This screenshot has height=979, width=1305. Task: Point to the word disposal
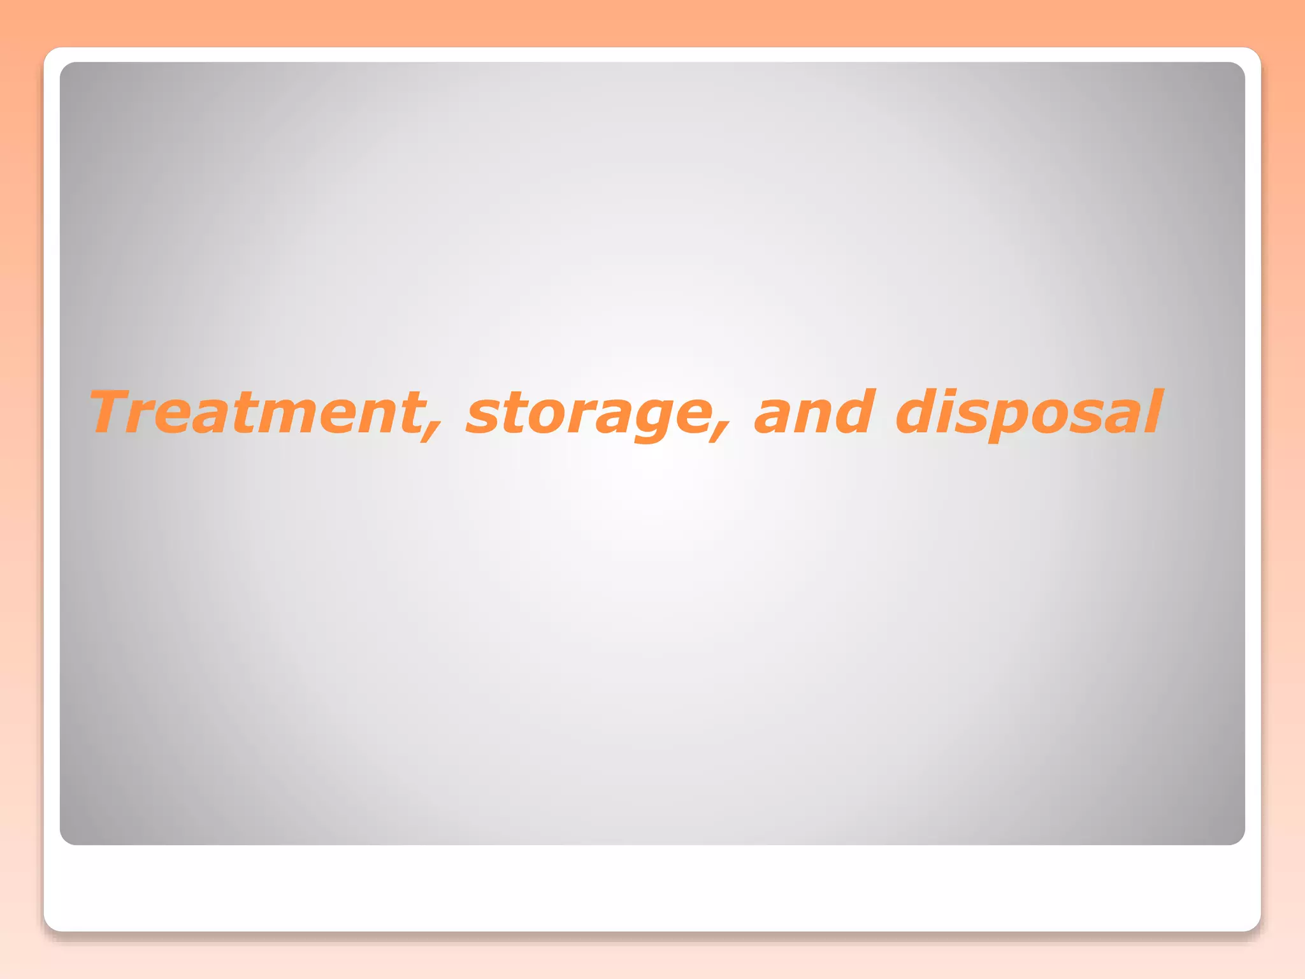(1028, 413)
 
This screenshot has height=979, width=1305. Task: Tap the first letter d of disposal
(921, 412)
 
